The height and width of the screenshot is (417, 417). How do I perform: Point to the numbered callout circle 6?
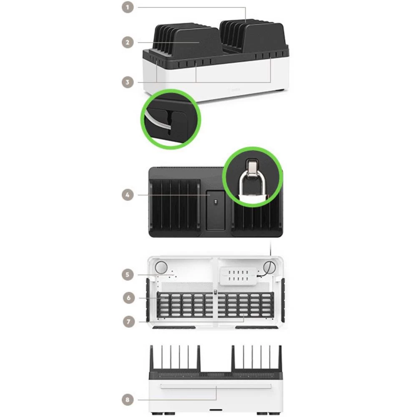130,298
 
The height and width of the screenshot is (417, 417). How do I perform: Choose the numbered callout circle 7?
130,322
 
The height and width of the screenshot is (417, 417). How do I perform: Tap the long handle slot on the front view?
216,385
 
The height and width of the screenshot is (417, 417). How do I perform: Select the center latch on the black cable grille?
215,294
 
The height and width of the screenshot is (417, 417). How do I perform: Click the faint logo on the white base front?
236,88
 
